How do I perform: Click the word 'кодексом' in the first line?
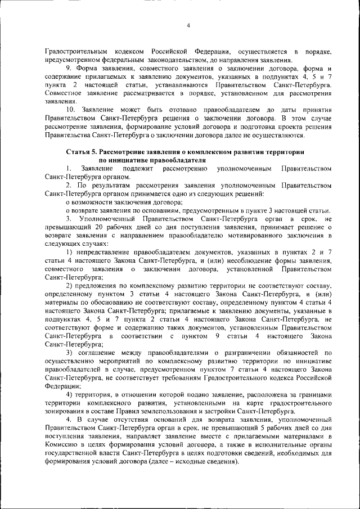[x=130, y=52]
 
